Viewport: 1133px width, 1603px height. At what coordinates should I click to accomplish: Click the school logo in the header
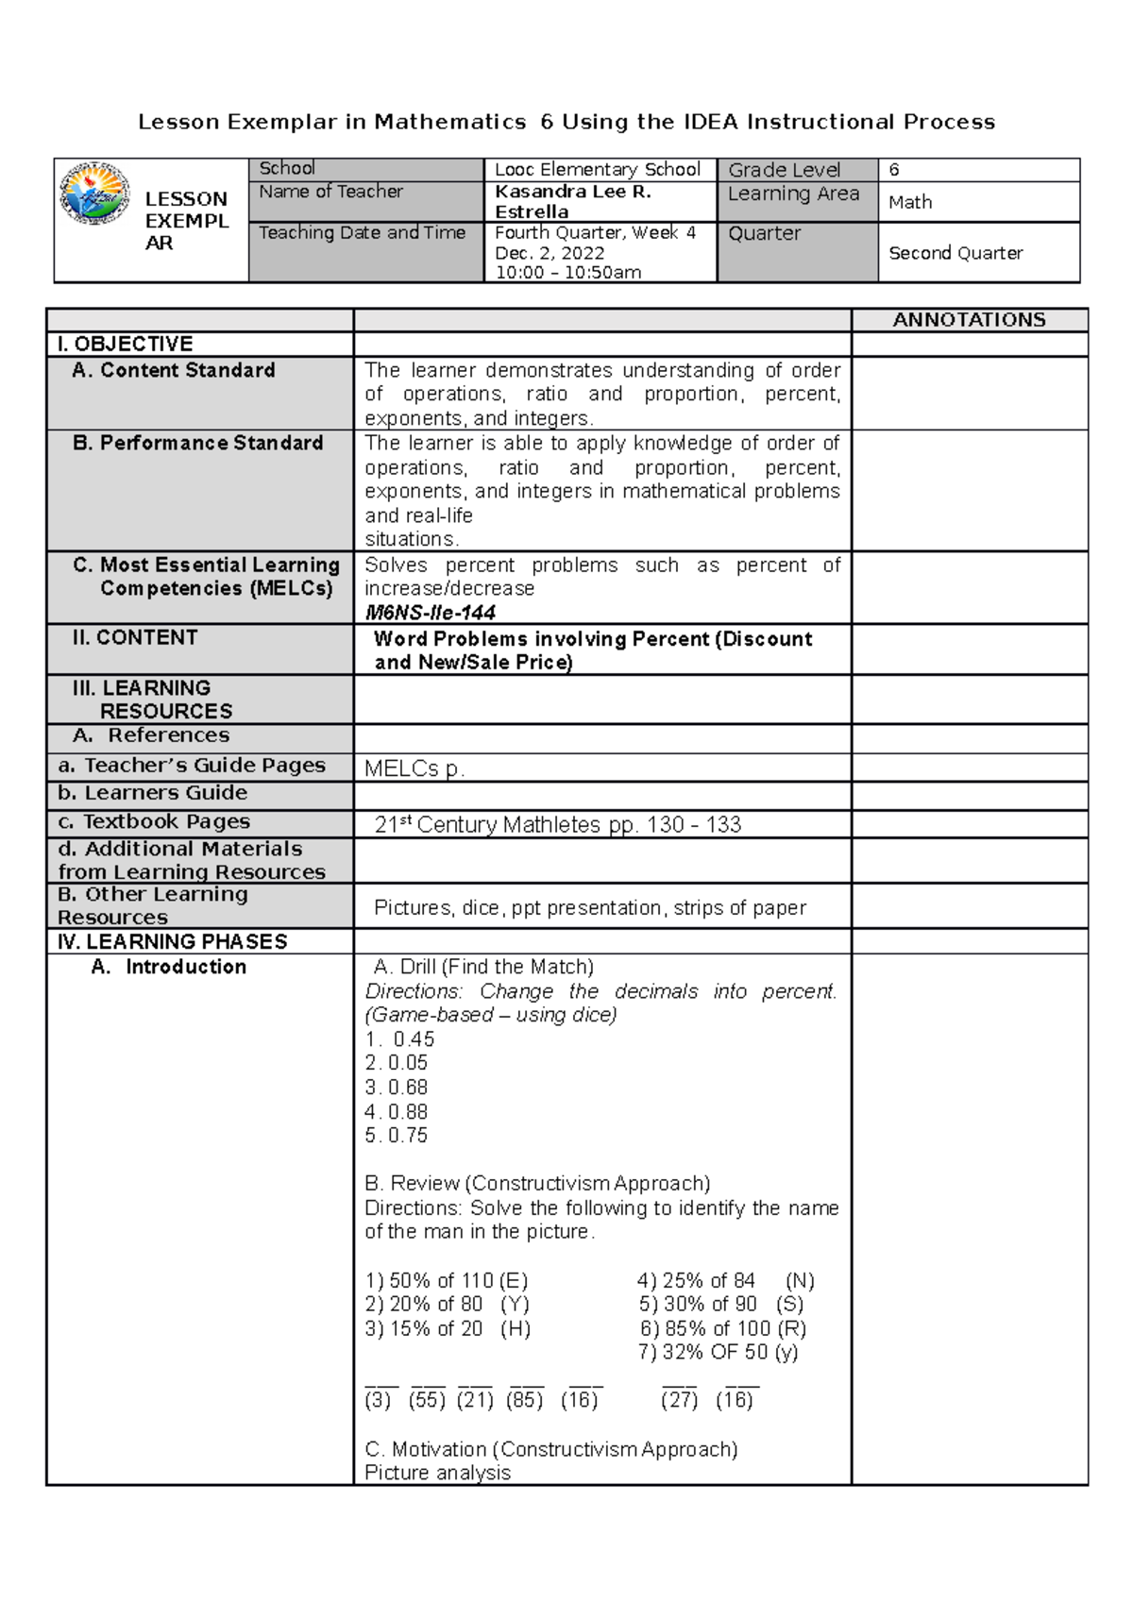click(94, 194)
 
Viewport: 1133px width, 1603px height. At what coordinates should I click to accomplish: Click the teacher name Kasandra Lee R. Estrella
click(572, 201)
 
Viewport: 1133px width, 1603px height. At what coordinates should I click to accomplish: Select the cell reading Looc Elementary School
click(598, 170)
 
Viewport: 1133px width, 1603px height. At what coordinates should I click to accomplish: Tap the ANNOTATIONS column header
click(969, 320)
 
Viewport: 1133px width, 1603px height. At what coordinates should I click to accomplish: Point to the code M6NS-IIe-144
click(430, 613)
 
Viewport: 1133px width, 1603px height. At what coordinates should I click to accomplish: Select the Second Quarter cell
click(955, 253)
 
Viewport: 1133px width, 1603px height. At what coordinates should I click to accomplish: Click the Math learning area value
click(910, 202)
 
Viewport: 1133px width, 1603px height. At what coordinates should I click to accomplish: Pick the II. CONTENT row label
click(135, 638)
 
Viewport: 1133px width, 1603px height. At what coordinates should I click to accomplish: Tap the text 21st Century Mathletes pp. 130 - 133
click(557, 825)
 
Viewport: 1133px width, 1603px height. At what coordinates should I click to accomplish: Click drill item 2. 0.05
click(397, 1063)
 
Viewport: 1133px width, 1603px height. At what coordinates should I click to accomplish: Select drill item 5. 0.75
click(397, 1136)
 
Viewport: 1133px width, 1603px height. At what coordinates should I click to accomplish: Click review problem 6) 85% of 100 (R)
click(722, 1328)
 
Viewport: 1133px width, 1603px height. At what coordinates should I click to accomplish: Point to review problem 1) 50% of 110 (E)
click(447, 1281)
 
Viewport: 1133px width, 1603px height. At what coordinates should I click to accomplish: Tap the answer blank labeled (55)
click(427, 1399)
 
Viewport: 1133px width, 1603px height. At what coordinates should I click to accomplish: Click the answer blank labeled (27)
click(679, 1399)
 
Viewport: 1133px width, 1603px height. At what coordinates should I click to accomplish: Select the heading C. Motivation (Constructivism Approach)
click(551, 1449)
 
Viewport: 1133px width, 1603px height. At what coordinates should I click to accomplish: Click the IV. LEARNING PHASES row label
click(172, 942)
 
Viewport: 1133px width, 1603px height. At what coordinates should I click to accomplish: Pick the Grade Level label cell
click(784, 170)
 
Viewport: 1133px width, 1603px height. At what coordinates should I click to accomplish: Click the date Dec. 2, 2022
click(550, 253)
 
